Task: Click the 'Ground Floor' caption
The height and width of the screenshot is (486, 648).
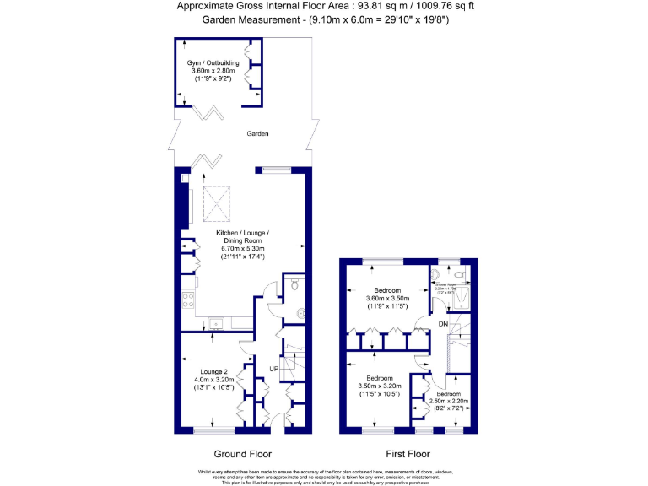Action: tap(241, 452)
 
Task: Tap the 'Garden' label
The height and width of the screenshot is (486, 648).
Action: tap(257, 133)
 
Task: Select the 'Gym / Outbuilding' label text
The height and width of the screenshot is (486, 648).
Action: tap(213, 62)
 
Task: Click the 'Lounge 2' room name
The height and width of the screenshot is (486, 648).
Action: tap(214, 372)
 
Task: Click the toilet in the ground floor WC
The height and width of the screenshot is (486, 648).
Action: tap(293, 286)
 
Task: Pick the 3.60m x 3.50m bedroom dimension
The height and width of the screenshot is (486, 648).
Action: tap(387, 298)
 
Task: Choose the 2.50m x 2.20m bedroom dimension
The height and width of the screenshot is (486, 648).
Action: tap(448, 401)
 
